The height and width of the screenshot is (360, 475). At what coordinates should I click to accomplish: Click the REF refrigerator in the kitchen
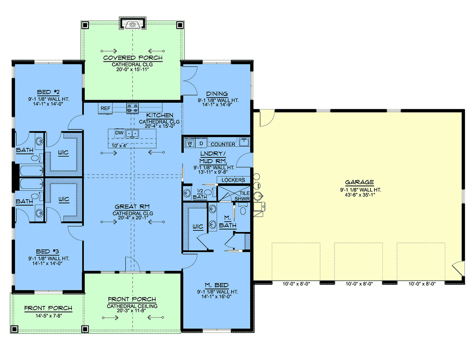coord(105,108)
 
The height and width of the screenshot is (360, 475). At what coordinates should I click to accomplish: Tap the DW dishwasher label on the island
coord(119,133)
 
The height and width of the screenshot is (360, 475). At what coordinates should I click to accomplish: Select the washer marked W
coord(190,143)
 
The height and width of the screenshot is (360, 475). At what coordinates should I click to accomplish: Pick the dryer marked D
coord(201,143)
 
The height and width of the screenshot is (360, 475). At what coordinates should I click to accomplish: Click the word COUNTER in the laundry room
coord(223,144)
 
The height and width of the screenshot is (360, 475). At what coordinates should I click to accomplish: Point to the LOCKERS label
coord(233,180)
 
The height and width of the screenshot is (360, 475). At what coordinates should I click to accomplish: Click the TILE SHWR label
coord(243,196)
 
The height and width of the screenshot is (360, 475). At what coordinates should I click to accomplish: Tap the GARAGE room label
coord(359,182)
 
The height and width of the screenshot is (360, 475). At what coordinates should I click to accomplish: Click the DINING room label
coord(217,94)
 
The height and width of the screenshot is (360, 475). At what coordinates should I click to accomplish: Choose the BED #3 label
coord(47,251)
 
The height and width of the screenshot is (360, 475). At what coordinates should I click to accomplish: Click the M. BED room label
coord(217,285)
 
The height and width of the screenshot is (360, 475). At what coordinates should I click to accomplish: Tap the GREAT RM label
coord(132,206)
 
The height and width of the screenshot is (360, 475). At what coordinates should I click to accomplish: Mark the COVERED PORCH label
coord(133,58)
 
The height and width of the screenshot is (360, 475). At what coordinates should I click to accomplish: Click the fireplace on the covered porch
coord(133,23)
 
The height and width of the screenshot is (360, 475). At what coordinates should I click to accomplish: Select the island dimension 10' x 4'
coord(119,146)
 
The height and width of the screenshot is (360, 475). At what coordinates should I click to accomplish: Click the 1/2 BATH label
coord(200,194)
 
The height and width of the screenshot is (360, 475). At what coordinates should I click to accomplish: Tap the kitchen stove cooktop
coord(133,108)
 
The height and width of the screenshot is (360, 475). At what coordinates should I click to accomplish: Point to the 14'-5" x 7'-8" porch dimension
coord(49,316)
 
